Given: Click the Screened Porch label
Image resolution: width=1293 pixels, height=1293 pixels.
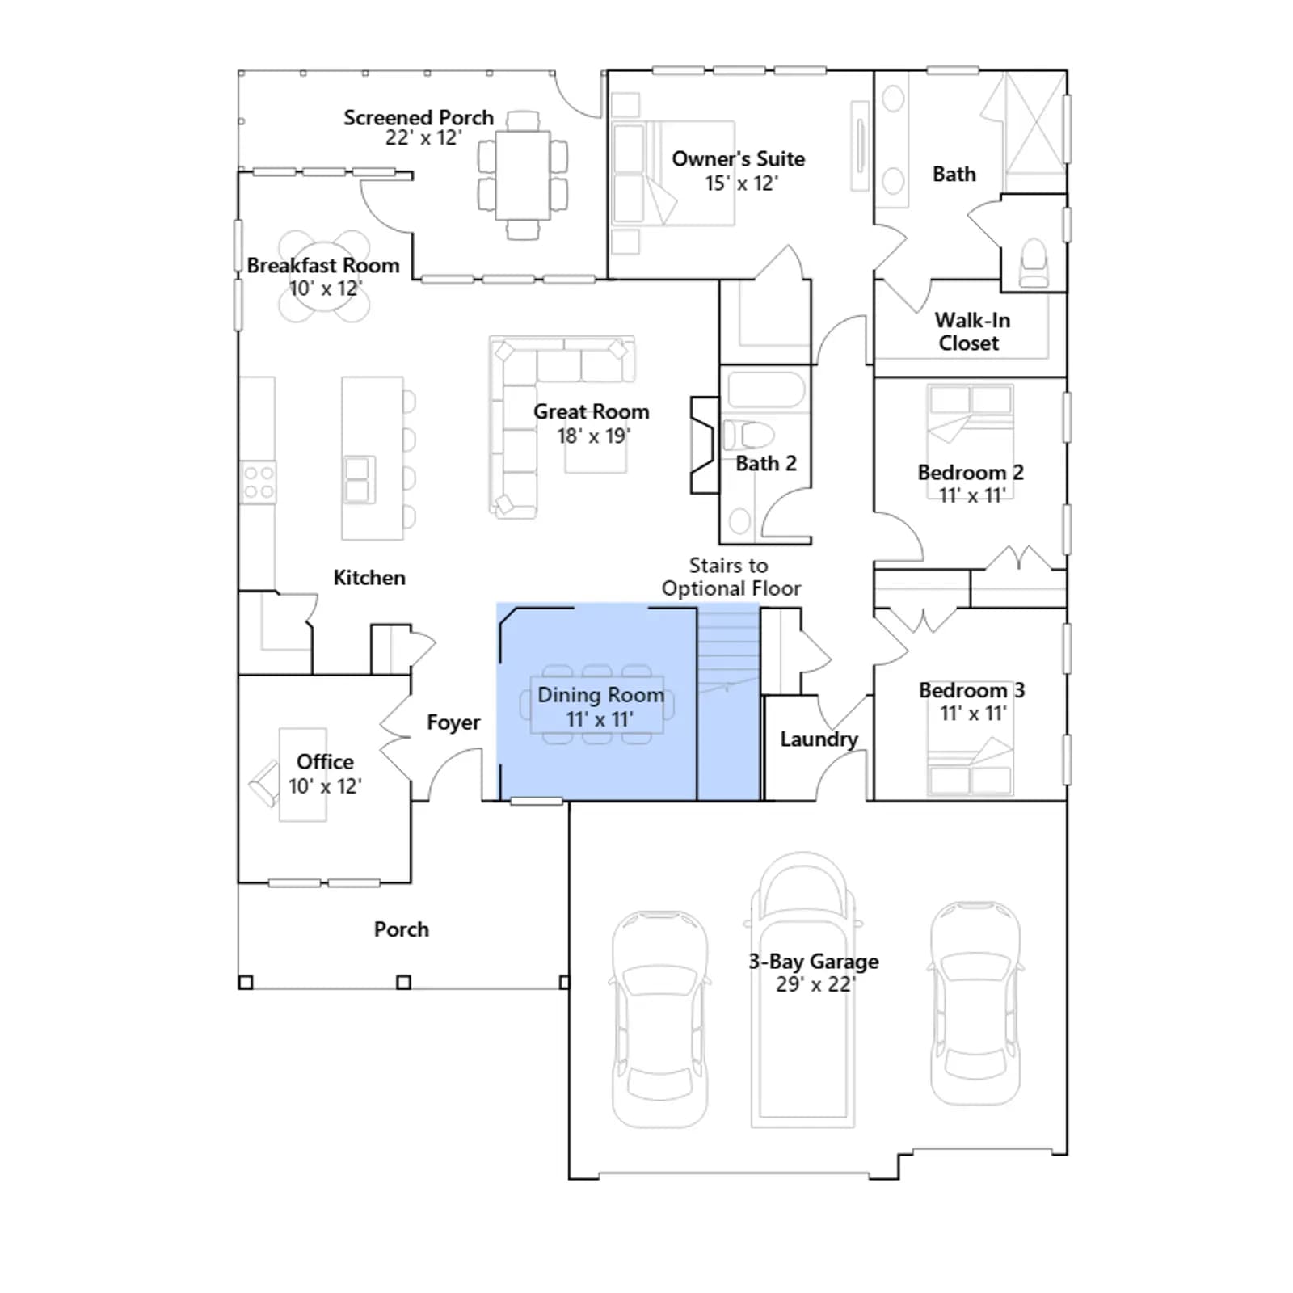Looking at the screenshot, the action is [419, 118].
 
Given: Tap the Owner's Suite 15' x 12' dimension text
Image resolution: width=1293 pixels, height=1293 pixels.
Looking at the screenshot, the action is [741, 183].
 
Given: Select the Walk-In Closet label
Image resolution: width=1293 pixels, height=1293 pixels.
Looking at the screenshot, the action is [972, 331].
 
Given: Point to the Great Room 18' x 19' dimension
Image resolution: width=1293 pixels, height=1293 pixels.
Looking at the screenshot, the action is [593, 436].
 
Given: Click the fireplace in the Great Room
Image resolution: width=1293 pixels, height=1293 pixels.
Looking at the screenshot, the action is [704, 445].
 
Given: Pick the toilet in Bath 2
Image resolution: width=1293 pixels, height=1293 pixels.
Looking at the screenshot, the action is [748, 435].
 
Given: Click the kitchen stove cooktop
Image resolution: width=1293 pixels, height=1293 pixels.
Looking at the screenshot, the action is [259, 482].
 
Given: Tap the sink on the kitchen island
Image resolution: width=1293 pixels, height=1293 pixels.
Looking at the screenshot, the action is [358, 480].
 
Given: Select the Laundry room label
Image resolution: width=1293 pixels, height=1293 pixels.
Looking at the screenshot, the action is [819, 739].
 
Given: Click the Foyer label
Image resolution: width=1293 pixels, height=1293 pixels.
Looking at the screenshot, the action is [453, 722].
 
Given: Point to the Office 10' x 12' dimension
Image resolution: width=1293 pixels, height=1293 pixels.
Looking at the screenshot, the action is [325, 786].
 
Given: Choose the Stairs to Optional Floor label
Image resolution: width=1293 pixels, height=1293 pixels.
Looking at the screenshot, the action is [731, 577].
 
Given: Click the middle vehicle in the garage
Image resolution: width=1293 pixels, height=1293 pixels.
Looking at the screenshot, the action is [802, 990].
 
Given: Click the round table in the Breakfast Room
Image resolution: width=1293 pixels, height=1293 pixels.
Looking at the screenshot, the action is [324, 276].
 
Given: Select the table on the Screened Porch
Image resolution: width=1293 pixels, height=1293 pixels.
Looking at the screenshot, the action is [523, 175].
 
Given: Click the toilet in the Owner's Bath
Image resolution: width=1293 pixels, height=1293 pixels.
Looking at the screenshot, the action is [1034, 263].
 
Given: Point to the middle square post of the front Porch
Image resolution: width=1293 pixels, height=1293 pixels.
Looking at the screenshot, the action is [403, 983].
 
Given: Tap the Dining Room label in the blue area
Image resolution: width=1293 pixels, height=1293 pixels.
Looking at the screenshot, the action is [601, 695].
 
